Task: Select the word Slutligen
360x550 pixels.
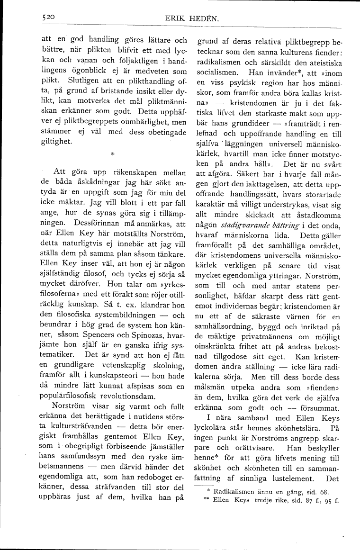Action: (x=87, y=81)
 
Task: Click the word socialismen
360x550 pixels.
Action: (x=219, y=74)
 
